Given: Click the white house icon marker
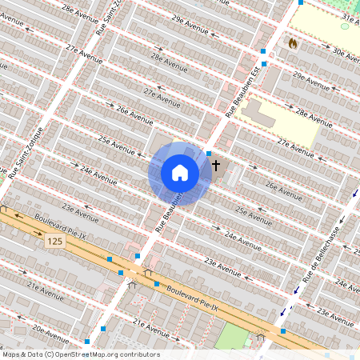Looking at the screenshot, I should [x=180, y=173].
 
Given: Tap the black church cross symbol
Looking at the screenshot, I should [x=215, y=166].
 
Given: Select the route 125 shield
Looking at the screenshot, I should [x=54, y=241].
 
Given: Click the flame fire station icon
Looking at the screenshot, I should [x=292, y=42].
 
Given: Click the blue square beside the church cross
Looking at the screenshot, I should [x=209, y=153].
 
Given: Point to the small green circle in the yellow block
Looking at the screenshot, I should [x=345, y=26].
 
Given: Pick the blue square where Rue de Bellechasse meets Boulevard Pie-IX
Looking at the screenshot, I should [x=282, y=331].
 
